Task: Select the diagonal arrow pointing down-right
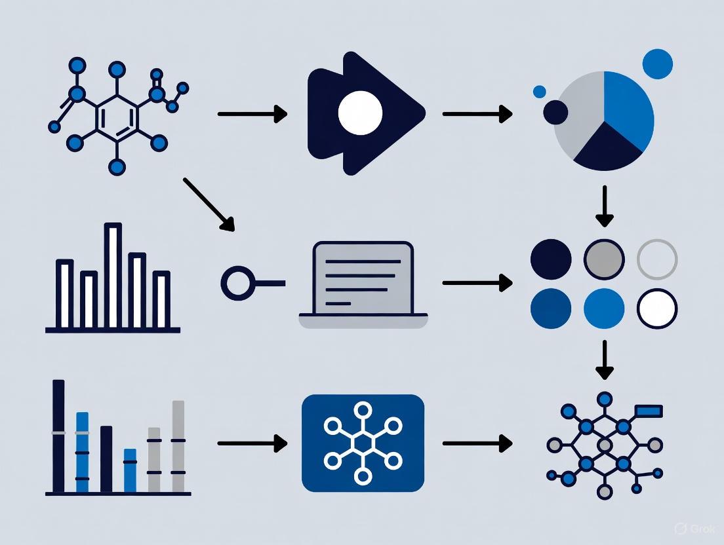(209, 204)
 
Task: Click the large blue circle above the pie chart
(658, 63)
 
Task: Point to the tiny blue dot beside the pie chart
(540, 92)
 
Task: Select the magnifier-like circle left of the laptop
(236, 284)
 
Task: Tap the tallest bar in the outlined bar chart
(113, 275)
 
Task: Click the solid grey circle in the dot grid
(604, 259)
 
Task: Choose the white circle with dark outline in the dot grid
(657, 309)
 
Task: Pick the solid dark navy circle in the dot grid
(551, 259)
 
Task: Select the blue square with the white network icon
(363, 443)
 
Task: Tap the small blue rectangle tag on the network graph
(648, 411)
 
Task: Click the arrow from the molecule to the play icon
(252, 115)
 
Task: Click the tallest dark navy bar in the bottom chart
(59, 436)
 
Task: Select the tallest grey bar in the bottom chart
(178, 446)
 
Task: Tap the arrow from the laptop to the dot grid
(477, 283)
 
